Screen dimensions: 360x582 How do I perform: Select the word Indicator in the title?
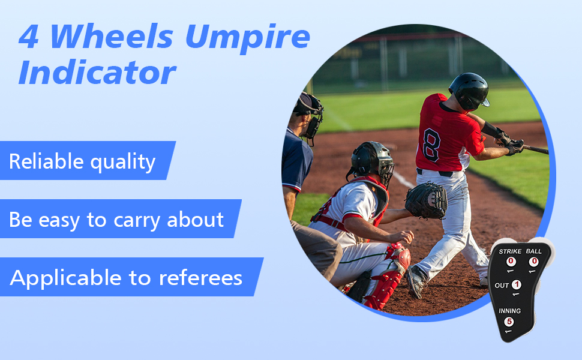pos(97,74)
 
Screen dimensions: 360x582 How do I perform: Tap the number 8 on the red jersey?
pos(432,145)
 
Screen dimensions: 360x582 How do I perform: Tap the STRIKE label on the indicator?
pos(511,251)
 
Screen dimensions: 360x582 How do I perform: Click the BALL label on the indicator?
pos(533,251)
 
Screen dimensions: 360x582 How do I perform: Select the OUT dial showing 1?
pos(516,284)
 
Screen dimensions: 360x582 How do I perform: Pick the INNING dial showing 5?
pos(509,322)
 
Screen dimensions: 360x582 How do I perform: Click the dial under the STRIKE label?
pos(511,262)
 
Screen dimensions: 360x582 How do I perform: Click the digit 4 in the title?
pos(29,37)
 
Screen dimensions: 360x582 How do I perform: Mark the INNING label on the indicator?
pos(509,311)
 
